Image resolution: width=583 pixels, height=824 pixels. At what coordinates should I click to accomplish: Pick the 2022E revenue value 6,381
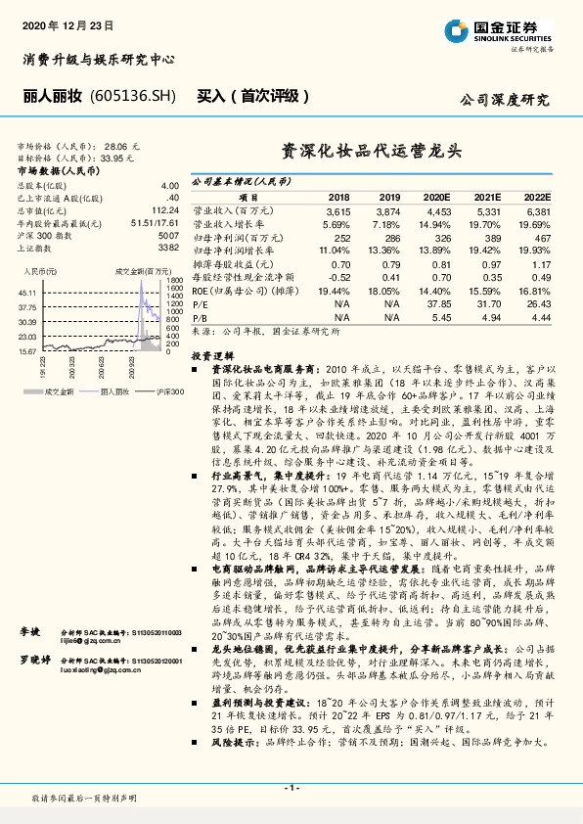click(537, 210)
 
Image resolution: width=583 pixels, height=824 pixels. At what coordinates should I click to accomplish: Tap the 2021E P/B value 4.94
click(487, 317)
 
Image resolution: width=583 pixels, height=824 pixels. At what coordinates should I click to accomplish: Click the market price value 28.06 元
click(131, 146)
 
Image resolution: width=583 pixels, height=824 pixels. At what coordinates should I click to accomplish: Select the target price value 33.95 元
click(131, 157)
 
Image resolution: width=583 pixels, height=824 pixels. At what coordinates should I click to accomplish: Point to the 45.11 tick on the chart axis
click(26, 293)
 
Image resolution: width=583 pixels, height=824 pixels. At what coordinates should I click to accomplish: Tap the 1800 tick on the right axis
click(175, 288)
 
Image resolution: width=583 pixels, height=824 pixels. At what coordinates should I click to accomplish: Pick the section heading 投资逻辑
click(213, 357)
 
